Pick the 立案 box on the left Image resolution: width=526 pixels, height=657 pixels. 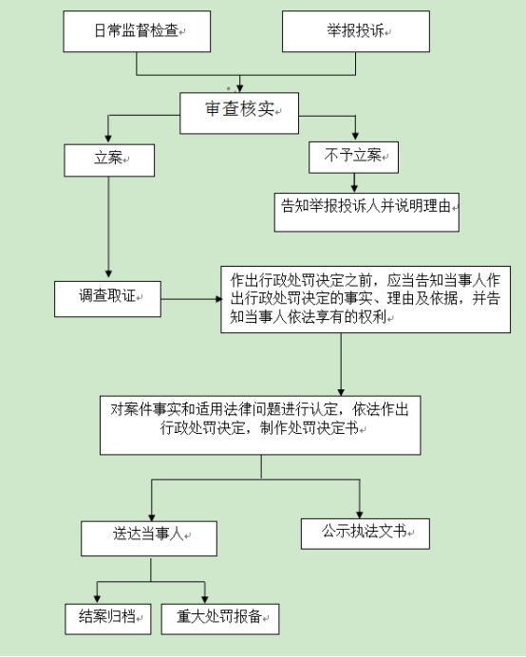click(108, 159)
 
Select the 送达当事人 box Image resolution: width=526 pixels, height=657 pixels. click(150, 537)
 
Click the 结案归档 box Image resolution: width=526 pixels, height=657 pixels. click(108, 618)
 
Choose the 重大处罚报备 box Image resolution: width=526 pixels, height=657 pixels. click(220, 618)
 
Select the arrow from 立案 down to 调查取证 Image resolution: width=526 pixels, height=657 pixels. click(109, 228)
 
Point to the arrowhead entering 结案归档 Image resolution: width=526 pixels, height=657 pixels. click(96, 595)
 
